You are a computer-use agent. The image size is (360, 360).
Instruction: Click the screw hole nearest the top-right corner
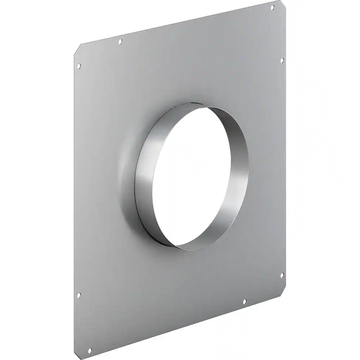[x=273, y=7]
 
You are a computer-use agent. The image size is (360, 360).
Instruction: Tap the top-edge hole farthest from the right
[x=120, y=42]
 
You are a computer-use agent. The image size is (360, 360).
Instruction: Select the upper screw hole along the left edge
[x=79, y=66]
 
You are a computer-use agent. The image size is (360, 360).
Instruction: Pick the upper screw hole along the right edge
[x=282, y=60]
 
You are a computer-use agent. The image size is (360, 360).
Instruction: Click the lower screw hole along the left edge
[x=79, y=295]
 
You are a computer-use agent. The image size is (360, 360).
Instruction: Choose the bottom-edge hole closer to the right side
[x=244, y=301]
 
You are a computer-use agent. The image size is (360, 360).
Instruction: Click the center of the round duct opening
[x=200, y=176]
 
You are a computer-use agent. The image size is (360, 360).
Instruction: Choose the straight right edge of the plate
[x=285, y=162]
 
